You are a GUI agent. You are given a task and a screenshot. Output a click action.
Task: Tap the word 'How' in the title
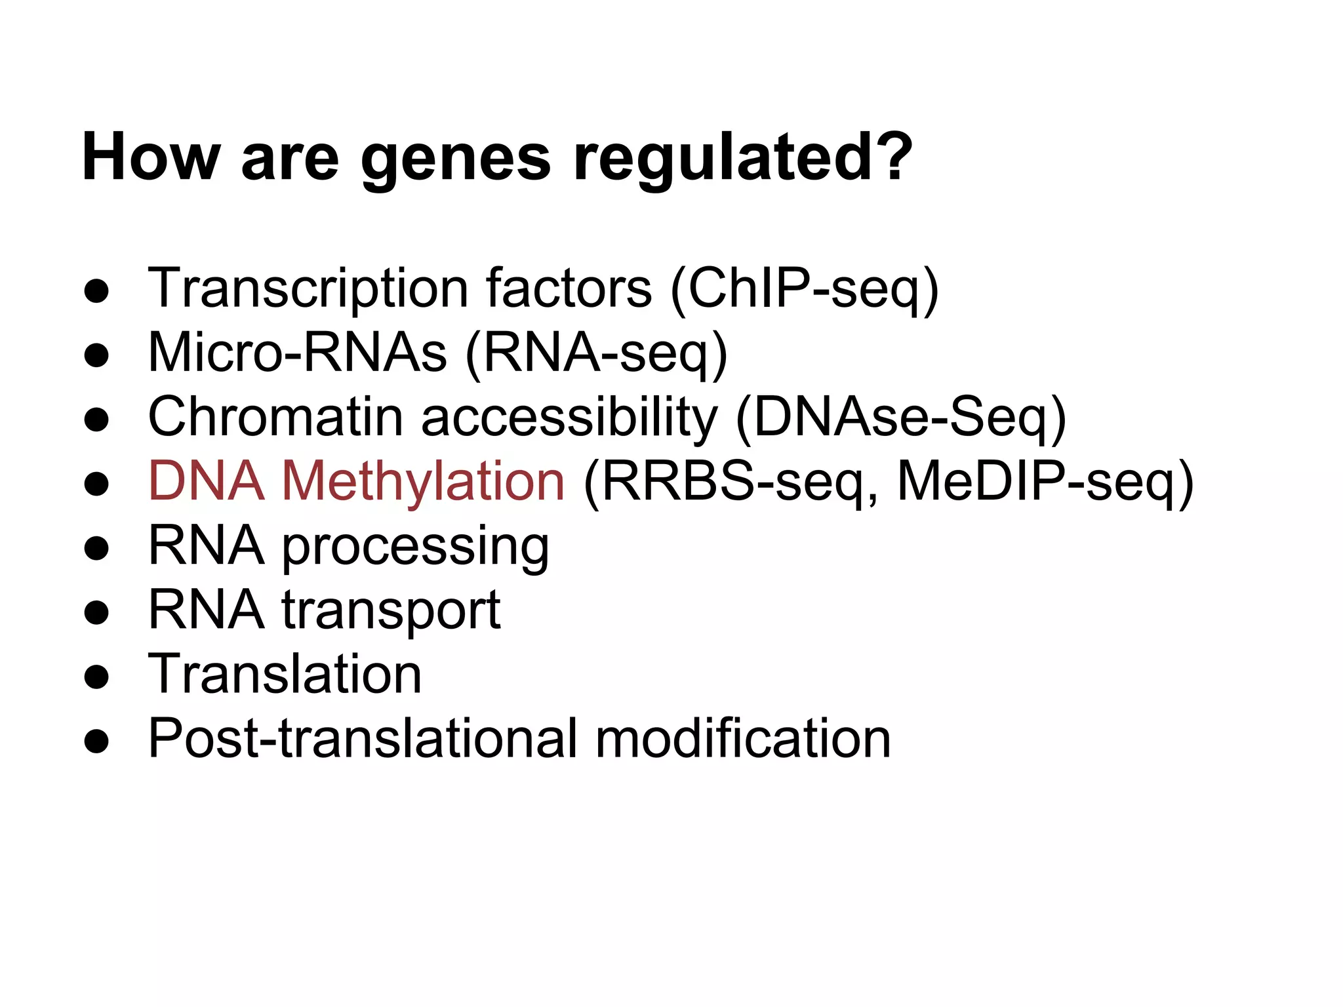point(151,157)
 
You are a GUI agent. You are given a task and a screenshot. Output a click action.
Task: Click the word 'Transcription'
point(308,288)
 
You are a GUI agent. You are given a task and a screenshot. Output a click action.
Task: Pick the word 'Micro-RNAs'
point(298,353)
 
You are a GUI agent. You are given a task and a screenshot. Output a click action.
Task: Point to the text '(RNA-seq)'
point(596,354)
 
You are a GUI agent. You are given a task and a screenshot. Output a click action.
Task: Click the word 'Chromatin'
point(275,417)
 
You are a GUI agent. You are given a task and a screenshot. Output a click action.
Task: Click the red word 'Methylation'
point(423,482)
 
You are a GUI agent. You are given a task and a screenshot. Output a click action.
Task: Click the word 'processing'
point(416,548)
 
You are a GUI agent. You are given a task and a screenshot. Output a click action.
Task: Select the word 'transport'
point(391,611)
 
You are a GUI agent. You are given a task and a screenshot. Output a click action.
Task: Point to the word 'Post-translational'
point(363,738)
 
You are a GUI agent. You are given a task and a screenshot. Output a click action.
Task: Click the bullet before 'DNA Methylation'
point(96,484)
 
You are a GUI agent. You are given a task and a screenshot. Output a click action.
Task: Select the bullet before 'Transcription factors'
point(96,290)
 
